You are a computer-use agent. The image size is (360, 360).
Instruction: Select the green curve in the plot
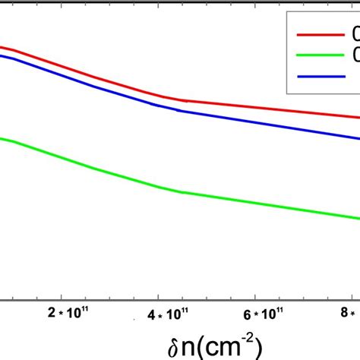coord(228,199)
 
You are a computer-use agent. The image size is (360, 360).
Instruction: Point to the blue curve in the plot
coord(228,117)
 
